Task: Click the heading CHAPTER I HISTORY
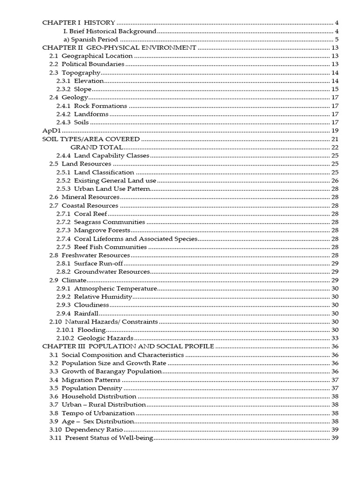pos(79,22)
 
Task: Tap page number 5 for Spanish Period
pos(337,39)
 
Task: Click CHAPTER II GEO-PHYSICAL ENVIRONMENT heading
pos(119,48)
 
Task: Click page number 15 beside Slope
pos(335,89)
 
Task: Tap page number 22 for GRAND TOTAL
pos(335,147)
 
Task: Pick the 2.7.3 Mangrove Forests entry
pos(93,230)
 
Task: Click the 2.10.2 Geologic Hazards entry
pos(95,338)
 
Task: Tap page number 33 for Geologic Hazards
pos(335,338)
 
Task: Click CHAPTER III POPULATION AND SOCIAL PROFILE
pos(128,346)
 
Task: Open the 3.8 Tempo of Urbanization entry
pos(92,413)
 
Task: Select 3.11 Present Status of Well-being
pos(101,438)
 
